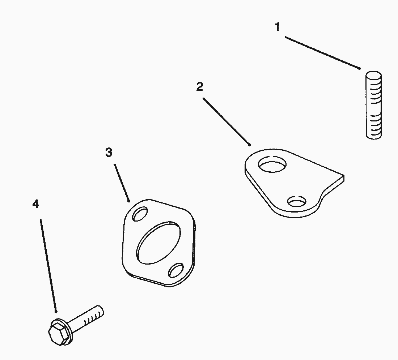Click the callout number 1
click(278, 27)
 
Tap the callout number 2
click(200, 87)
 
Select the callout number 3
click(109, 153)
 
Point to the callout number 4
click(36, 204)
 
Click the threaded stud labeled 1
click(374, 105)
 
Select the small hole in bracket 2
click(296, 202)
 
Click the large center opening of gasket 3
click(158, 243)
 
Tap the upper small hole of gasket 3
click(140, 214)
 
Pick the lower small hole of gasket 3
click(176, 270)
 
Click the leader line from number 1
click(322, 53)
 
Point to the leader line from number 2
click(226, 122)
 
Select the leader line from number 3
click(122, 183)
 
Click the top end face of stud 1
click(374, 75)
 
